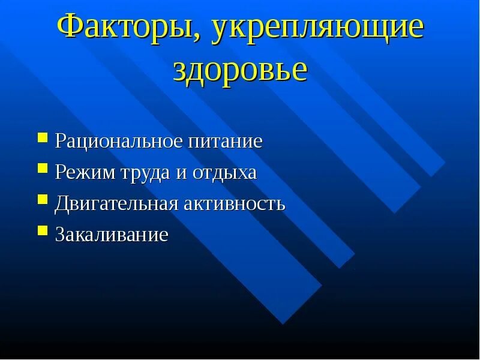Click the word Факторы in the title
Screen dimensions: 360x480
coord(128,30)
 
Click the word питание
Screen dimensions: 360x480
coord(225,143)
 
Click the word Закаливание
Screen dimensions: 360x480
coord(112,234)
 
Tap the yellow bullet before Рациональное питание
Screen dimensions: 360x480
coord(43,139)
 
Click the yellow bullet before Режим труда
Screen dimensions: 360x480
coord(43,169)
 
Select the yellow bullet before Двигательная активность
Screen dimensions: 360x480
coord(43,199)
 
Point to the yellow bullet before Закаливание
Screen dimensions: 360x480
coord(43,230)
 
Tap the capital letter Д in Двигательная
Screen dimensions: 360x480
coord(62,204)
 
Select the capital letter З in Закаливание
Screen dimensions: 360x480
coord(60,234)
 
